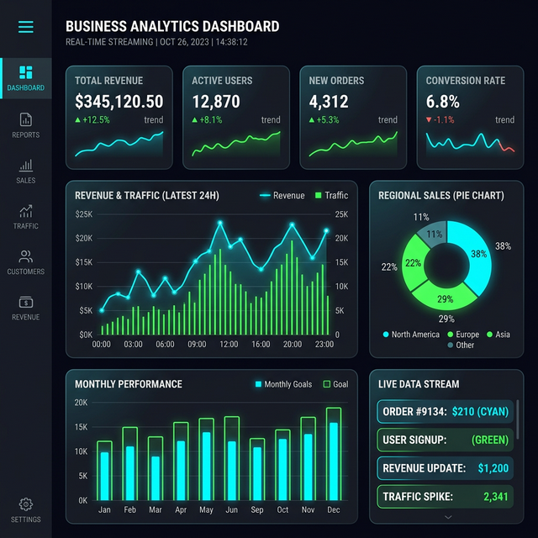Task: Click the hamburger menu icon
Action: tap(26, 27)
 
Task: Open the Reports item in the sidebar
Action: tap(26, 124)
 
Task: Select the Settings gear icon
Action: tap(26, 509)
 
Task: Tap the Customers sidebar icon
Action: tap(26, 261)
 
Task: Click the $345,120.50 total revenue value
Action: tap(119, 102)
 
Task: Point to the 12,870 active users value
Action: tap(216, 102)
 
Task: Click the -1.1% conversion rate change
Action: tap(445, 120)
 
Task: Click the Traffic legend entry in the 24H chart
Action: tap(331, 196)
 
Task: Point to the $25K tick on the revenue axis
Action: tap(83, 214)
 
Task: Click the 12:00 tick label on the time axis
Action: tap(228, 345)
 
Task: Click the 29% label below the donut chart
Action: tap(446, 319)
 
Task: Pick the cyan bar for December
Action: tap(334, 461)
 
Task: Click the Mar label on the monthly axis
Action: tap(155, 510)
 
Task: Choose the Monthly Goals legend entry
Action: tap(283, 384)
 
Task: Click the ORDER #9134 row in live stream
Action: tap(445, 411)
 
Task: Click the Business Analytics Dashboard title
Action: tap(172, 27)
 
